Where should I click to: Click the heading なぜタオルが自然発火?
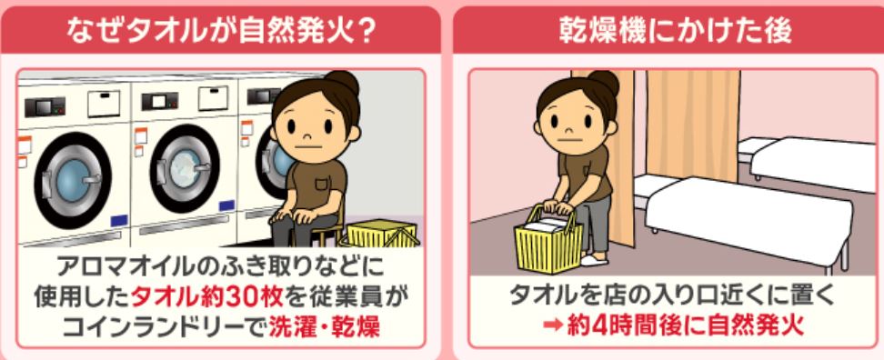click(x=220, y=31)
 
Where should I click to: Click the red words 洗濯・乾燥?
click(x=324, y=327)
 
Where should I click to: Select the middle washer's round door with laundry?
click(x=185, y=168)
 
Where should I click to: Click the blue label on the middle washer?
click(x=226, y=205)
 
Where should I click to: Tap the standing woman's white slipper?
click(x=593, y=260)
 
